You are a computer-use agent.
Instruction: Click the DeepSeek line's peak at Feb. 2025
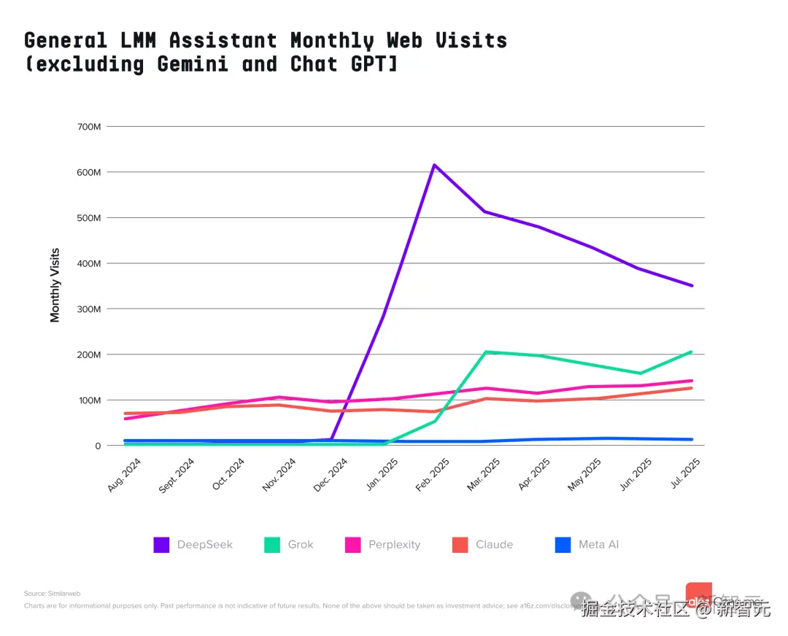point(434,165)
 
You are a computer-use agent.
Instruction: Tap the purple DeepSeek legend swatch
point(161,544)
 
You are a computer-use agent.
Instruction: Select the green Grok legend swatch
point(272,544)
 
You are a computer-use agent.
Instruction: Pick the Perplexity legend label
point(393,544)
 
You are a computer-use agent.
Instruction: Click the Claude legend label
point(494,544)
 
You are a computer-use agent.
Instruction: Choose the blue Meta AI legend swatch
point(563,544)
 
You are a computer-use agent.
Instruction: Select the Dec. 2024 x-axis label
point(331,475)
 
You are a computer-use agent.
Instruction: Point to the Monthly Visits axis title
point(55,285)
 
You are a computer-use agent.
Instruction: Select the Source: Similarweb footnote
point(52,594)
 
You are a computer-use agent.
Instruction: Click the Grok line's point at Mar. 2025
point(486,352)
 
